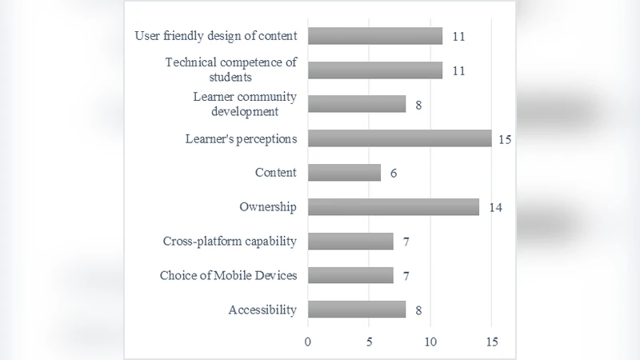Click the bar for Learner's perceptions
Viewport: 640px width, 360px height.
(399, 138)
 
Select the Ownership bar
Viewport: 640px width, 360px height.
(393, 207)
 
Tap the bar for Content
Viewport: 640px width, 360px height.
(344, 173)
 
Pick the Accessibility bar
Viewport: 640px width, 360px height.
(357, 310)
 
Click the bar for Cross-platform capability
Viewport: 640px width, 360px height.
(350, 241)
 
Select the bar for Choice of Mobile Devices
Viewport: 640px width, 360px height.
(350, 275)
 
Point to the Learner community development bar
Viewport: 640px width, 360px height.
(357, 105)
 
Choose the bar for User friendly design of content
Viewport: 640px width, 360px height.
(375, 36)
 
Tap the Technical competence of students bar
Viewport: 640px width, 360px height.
(375, 70)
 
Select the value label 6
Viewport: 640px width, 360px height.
(393, 174)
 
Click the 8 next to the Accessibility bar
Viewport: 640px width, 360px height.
(418, 310)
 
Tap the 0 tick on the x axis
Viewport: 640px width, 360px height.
(308, 342)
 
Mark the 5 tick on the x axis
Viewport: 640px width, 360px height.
(369, 342)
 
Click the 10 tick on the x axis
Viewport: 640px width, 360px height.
(430, 342)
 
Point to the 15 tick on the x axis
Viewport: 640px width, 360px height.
(491, 342)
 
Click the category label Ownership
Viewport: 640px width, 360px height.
(268, 207)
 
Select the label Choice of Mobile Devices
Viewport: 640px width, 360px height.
(228, 275)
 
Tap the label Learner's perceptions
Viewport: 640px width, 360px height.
(240, 138)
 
